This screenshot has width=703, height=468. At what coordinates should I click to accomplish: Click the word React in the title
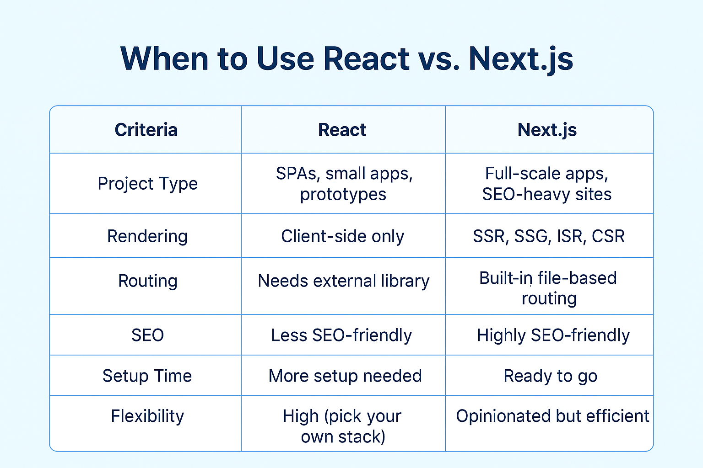[366, 58]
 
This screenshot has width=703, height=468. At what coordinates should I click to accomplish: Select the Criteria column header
[146, 130]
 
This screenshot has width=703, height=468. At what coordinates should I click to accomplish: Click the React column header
[342, 130]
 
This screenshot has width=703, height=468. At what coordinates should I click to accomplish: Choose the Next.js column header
[547, 130]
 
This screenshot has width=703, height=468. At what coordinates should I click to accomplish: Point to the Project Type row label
[147, 184]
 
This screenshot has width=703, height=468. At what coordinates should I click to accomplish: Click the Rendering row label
[147, 237]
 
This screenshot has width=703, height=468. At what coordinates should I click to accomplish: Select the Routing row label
[147, 281]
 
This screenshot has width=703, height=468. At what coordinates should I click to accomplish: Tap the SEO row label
[147, 335]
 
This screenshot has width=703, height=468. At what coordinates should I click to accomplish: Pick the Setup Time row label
[147, 376]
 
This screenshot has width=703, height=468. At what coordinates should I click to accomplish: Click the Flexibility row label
[147, 417]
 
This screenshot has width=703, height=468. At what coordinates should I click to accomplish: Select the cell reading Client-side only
[342, 237]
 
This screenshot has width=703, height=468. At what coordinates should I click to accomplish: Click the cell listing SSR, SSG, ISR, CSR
[549, 237]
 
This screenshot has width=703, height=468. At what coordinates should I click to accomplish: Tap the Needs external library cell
[343, 281]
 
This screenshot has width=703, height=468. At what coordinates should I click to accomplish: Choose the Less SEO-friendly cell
[341, 335]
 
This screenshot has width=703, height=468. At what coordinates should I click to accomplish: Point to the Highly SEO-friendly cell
[553, 335]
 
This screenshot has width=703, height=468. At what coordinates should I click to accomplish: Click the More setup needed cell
[345, 376]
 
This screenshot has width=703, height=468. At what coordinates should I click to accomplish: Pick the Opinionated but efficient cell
[552, 417]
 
